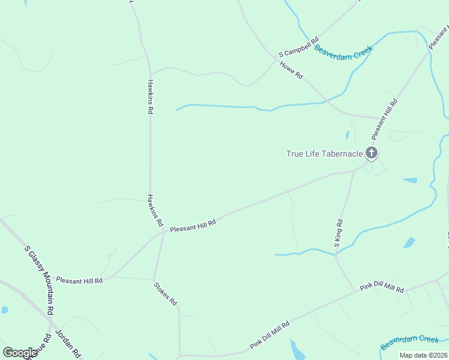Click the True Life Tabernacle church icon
[x=372, y=153]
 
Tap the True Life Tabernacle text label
[x=324, y=154]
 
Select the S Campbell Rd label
[x=298, y=48]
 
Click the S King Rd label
[x=339, y=233]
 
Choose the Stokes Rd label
[x=166, y=293]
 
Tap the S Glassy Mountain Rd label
[x=40, y=280]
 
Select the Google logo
[x=20, y=352]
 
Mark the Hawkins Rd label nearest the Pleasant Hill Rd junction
[x=155, y=210]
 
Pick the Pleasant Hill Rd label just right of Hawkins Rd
[x=193, y=226]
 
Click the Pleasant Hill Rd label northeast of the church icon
[x=385, y=116]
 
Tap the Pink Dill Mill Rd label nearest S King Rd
[x=382, y=288]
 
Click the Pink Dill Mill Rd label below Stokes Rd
[x=270, y=335]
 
